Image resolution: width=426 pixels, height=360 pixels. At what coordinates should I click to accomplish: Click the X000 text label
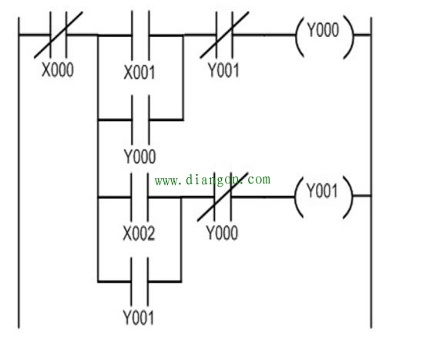pyautogui.click(x=58, y=70)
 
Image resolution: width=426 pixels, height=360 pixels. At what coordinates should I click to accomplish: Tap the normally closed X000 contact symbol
pyautogui.click(x=58, y=35)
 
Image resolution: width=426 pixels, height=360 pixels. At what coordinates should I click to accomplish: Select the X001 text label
pyautogui.click(x=139, y=72)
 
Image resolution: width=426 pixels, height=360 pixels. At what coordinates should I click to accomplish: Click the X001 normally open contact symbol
pyautogui.click(x=140, y=35)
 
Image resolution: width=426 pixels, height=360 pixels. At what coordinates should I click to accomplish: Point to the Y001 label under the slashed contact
pyautogui.click(x=223, y=70)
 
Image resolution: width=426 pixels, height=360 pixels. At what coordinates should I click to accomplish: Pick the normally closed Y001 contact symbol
pyautogui.click(x=224, y=35)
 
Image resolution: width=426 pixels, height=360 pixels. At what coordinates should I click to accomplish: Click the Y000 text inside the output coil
pyautogui.click(x=323, y=29)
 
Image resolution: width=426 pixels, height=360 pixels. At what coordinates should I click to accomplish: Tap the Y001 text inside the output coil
pyautogui.click(x=322, y=190)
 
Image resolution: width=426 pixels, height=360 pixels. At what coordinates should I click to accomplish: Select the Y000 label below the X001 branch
pyautogui.click(x=140, y=156)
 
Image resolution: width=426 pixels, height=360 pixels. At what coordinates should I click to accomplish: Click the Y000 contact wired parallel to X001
pyautogui.click(x=140, y=119)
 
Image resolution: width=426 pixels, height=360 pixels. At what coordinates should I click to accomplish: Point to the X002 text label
pyautogui.click(x=139, y=233)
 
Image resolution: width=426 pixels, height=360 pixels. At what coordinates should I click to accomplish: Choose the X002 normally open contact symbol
pyautogui.click(x=139, y=197)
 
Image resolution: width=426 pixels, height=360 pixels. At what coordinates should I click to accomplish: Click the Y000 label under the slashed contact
pyautogui.click(x=222, y=233)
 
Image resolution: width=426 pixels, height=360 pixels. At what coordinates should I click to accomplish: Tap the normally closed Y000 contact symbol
pyautogui.click(x=223, y=197)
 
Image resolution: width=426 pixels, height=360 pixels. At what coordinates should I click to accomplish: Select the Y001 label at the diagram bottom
pyautogui.click(x=139, y=318)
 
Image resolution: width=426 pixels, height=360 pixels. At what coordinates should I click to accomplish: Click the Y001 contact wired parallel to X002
pyautogui.click(x=139, y=281)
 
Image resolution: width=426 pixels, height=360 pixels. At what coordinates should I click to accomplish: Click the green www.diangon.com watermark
pyautogui.click(x=213, y=180)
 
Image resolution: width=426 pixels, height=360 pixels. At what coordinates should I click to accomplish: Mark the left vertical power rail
pyautogui.click(x=18, y=173)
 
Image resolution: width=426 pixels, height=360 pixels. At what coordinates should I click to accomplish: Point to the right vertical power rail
pyautogui.click(x=371, y=173)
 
